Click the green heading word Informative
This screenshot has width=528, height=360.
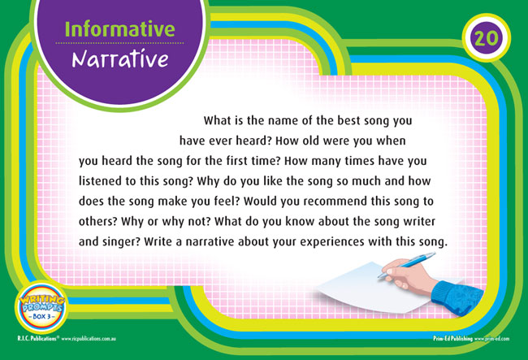point(119,29)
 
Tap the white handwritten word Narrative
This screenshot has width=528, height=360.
point(120,59)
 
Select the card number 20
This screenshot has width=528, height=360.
point(487,38)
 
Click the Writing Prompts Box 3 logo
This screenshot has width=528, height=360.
point(41,308)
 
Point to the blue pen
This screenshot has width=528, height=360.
point(407,265)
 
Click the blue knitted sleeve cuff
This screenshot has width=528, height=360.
point(457,297)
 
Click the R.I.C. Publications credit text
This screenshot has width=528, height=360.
point(67,338)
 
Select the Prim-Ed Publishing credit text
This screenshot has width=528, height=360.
point(471,338)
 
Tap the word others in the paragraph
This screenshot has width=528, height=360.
point(98,222)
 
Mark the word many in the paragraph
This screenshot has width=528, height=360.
point(326,162)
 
